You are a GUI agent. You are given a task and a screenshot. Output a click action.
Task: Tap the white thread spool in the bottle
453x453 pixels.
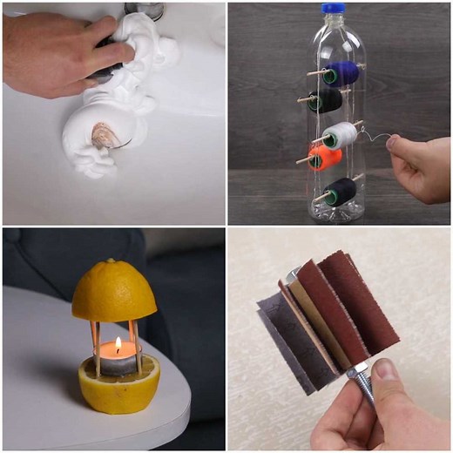340,135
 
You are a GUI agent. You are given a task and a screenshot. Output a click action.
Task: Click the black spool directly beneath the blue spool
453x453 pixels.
326,100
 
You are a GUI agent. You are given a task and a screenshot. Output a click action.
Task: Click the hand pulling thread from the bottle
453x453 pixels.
421,166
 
